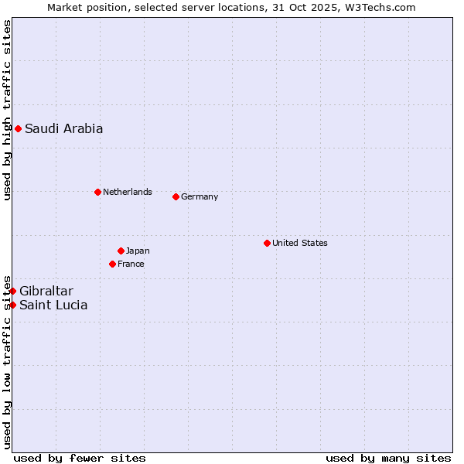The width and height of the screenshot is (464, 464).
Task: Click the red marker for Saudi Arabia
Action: [x=18, y=128]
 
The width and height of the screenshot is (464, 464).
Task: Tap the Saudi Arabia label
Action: [x=63, y=129]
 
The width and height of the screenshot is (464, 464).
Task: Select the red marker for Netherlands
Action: [x=97, y=192]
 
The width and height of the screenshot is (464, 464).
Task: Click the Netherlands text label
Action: [x=127, y=192]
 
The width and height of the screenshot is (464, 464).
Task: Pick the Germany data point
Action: [x=176, y=196]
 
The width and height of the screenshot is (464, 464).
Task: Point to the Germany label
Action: [x=200, y=196]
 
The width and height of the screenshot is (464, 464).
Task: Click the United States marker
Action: [x=267, y=243]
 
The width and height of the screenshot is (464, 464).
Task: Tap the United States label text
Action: [x=299, y=243]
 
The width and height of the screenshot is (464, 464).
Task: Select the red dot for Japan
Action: [x=121, y=251]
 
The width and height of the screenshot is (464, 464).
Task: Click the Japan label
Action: [x=138, y=251]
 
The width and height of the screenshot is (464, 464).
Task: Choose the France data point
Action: [x=112, y=264]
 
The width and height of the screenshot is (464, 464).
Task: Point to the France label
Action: [x=131, y=264]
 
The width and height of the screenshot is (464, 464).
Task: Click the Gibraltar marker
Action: [x=12, y=291]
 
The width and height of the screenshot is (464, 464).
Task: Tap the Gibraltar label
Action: [x=46, y=292]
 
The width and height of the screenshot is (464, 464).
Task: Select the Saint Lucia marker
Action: [x=12, y=305]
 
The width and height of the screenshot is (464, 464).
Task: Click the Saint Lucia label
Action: [x=53, y=305]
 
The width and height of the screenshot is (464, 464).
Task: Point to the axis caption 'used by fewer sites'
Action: [x=80, y=458]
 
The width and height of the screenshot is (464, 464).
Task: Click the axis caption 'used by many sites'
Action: [x=388, y=458]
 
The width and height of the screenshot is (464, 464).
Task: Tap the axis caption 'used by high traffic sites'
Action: [x=7, y=111]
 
